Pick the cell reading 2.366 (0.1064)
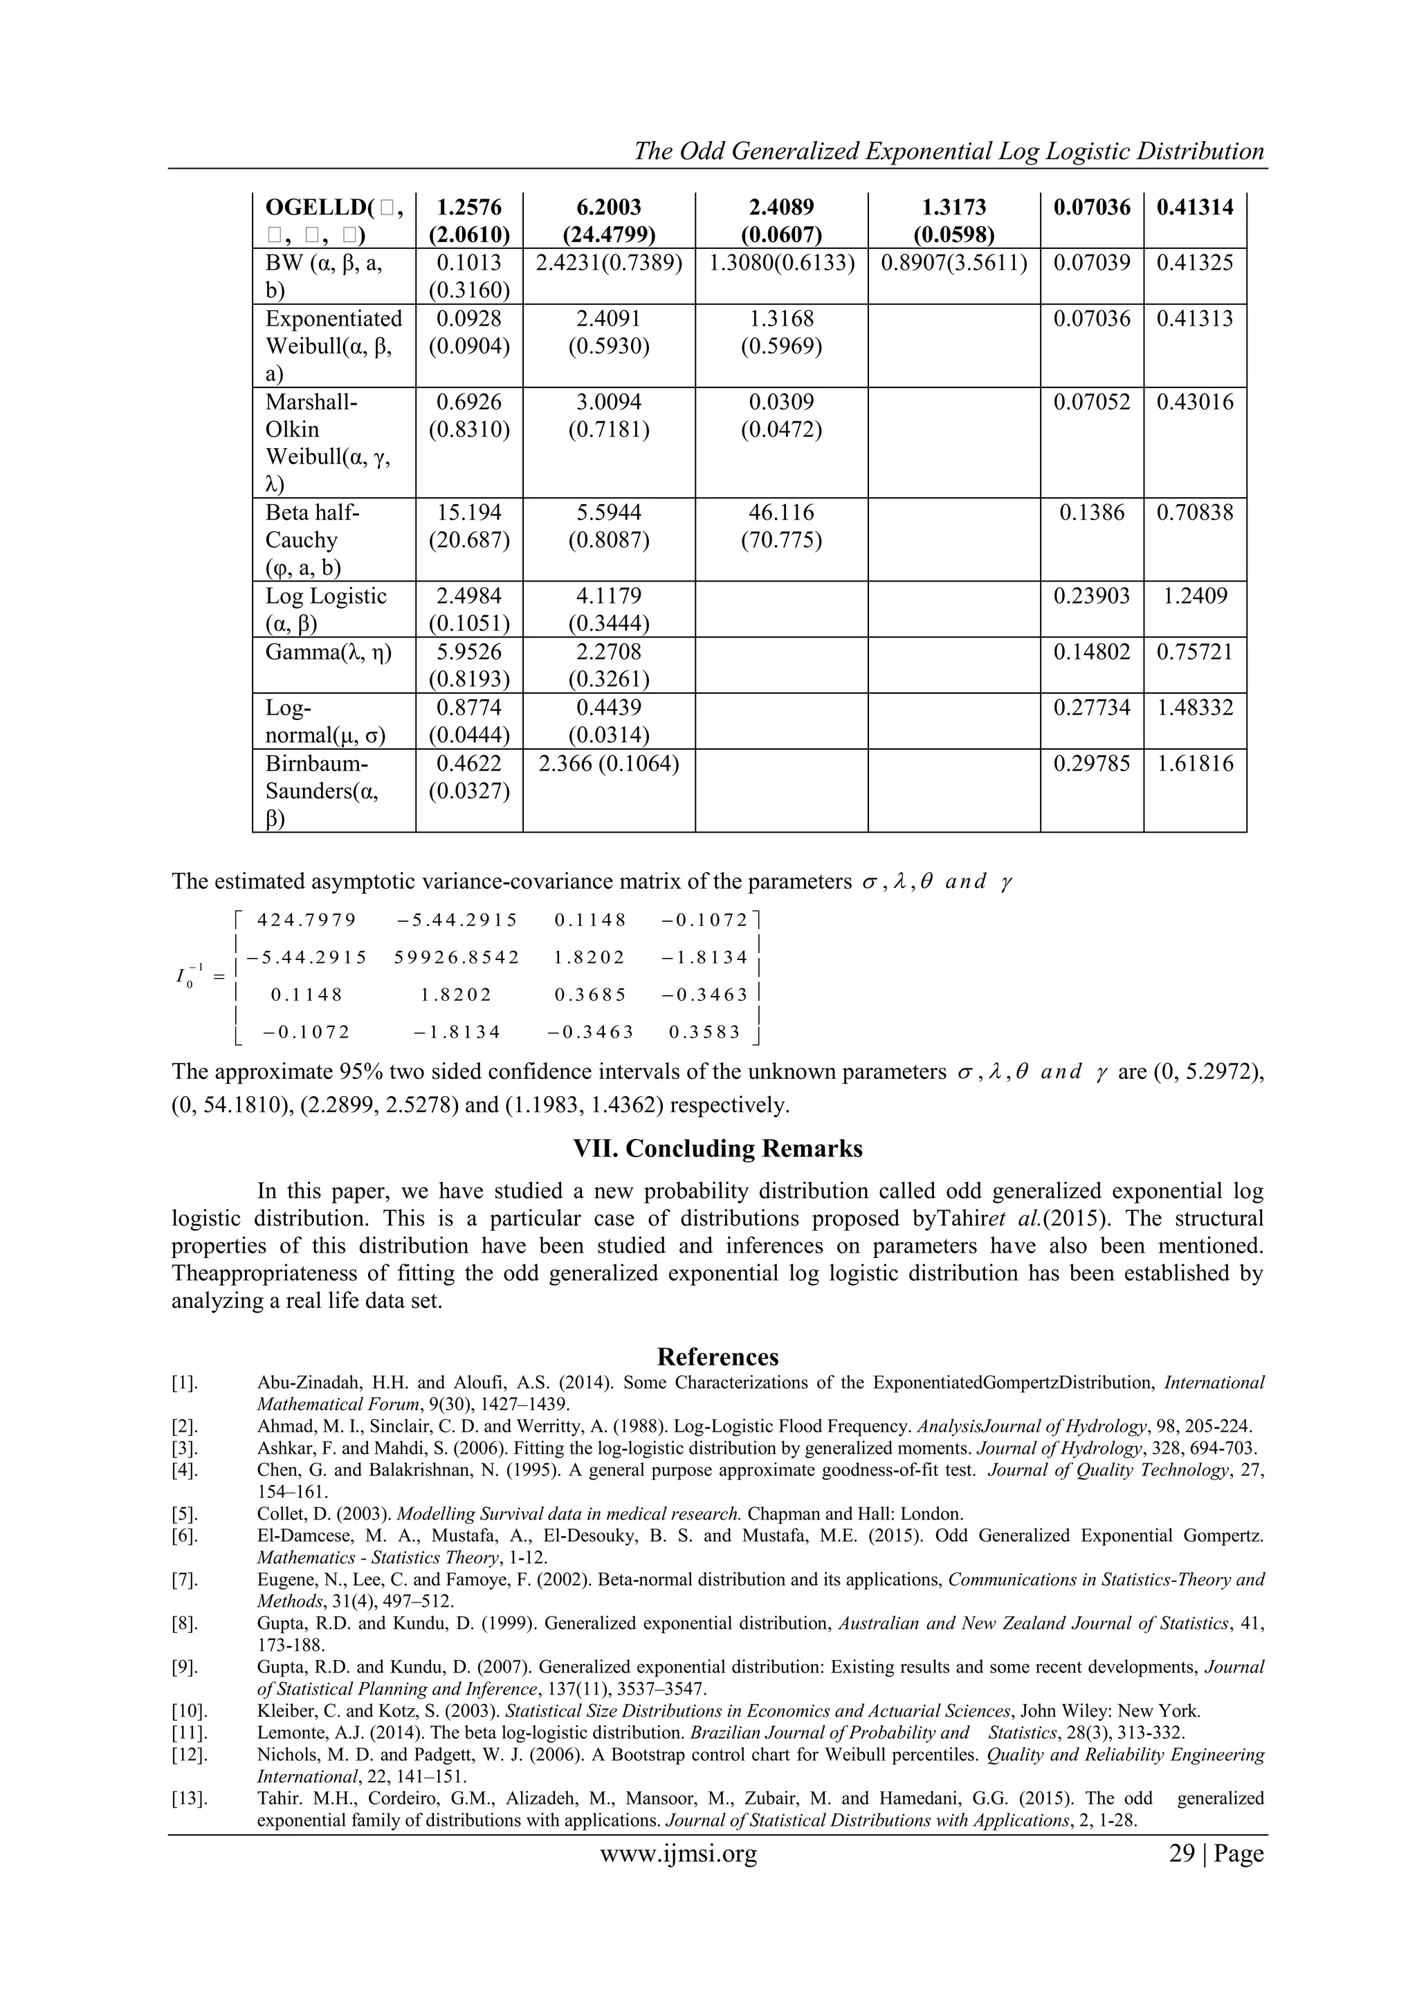coord(608,764)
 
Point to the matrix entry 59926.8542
coord(457,958)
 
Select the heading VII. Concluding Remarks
coord(717,1148)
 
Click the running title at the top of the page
coord(949,151)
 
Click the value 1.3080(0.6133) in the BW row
coord(781,264)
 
